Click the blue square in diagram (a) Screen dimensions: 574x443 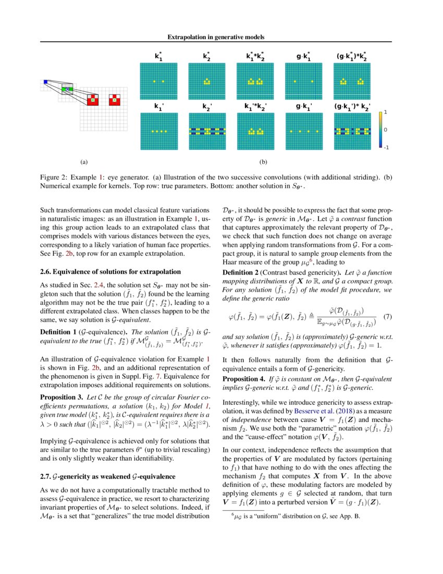(45, 81)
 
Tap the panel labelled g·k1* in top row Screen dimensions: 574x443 (304, 81)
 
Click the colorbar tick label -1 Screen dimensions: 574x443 (386, 148)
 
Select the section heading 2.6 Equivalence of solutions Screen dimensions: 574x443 (110, 272)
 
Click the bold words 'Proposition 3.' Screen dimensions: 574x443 (61, 398)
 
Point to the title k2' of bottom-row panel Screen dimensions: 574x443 (207, 107)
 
